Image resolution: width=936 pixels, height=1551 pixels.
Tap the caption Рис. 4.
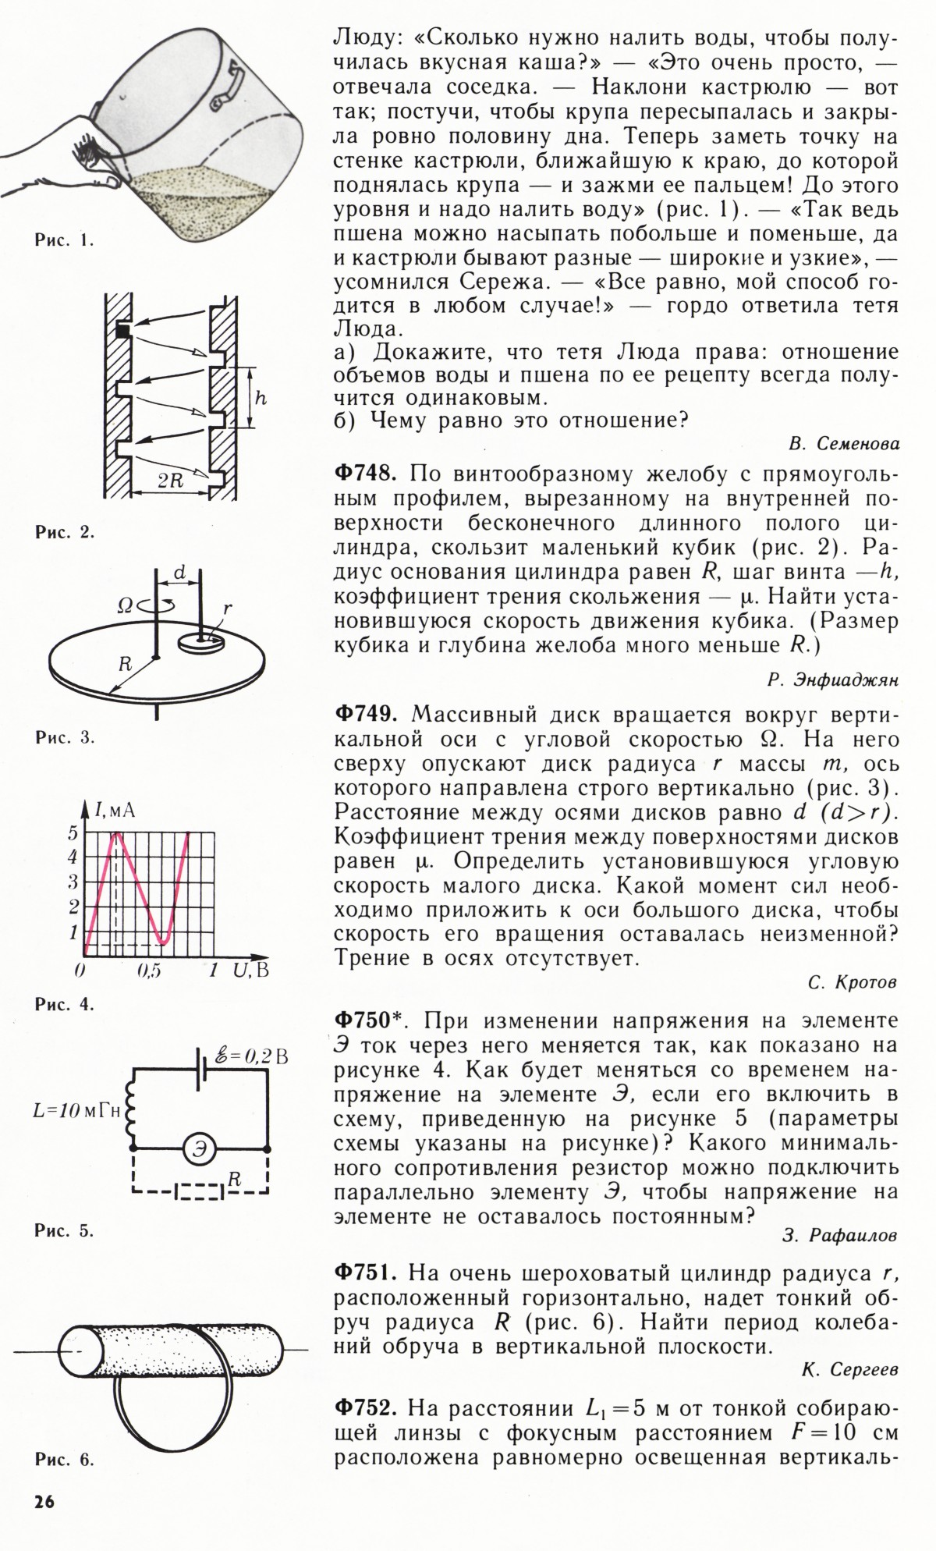[x=64, y=1005]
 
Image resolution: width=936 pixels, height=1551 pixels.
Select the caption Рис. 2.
[x=64, y=533]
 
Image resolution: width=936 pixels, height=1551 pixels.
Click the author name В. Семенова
[x=843, y=444]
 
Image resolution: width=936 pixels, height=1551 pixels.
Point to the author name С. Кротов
[x=853, y=984]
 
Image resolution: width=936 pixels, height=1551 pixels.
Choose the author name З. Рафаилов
[x=838, y=1235]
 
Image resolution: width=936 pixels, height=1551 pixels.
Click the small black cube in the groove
[x=123, y=331]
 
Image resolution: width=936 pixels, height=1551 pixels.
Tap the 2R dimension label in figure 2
[x=170, y=481]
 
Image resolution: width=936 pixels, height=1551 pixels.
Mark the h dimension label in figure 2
[x=261, y=398]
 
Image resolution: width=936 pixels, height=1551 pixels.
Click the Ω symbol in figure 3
[x=124, y=605]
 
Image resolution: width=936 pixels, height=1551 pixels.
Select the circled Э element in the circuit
[x=200, y=1149]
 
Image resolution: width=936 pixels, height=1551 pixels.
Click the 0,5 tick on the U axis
[x=148, y=971]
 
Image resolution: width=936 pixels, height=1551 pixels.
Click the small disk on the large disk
[x=200, y=642]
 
